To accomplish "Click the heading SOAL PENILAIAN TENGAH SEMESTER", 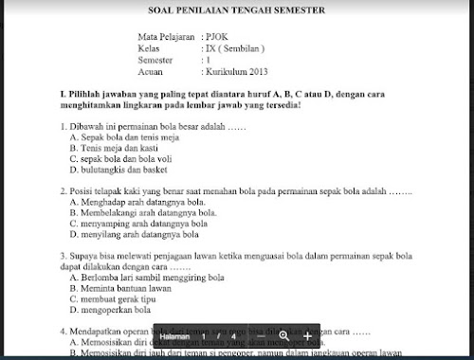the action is (x=237, y=10).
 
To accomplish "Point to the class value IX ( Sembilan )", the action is (x=234, y=46).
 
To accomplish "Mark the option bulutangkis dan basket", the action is (x=117, y=171).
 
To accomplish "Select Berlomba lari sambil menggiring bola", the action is (x=146, y=278).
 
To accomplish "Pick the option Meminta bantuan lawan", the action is (x=125, y=288).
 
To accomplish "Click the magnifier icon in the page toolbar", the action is (x=283, y=336).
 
